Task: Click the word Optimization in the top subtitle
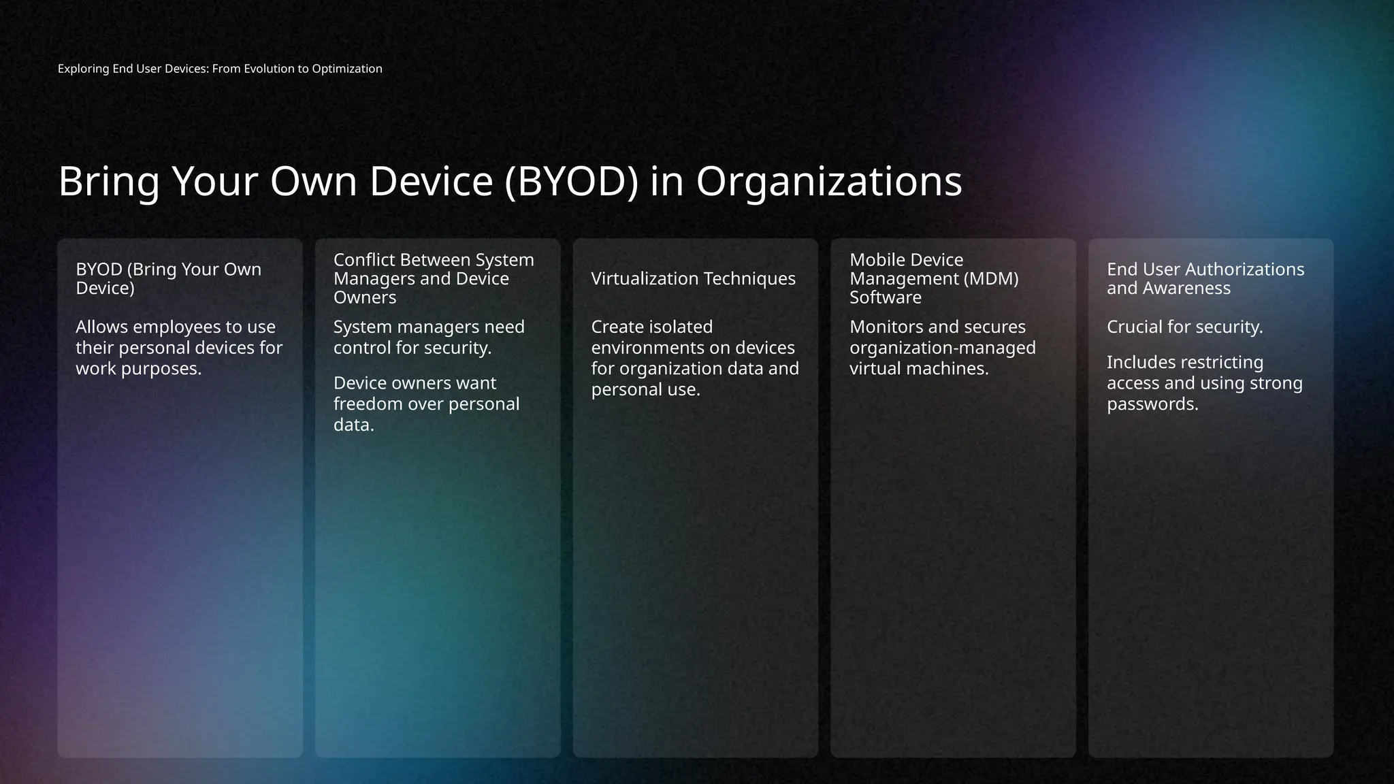coord(347,69)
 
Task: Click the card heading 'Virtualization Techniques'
coord(693,279)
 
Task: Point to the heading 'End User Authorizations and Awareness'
coord(1205,279)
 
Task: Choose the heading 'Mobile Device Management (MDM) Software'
coord(933,279)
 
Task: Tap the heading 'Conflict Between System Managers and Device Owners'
coord(434,279)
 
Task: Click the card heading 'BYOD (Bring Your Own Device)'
coord(168,279)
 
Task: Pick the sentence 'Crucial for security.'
coord(1184,327)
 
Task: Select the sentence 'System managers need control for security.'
coord(429,338)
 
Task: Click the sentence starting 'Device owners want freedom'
coord(426,404)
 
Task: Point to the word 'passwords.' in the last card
coord(1152,404)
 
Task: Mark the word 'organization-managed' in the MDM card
coord(942,348)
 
